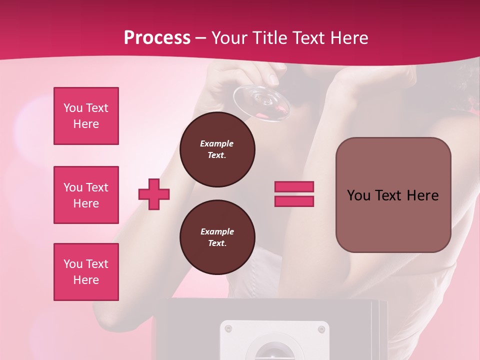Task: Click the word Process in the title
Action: click(157, 38)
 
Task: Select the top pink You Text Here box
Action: click(86, 116)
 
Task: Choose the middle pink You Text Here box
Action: click(86, 195)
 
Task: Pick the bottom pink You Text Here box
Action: click(86, 272)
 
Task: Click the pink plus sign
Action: click(154, 194)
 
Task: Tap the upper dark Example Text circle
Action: click(217, 149)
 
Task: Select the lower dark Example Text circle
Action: click(217, 237)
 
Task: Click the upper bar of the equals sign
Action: click(294, 187)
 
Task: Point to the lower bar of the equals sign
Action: click(294, 201)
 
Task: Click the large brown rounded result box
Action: click(393, 195)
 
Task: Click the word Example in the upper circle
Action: click(217, 143)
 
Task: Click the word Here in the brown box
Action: click(423, 195)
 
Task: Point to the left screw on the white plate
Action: click(228, 328)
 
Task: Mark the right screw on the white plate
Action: click(321, 329)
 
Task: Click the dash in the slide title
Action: click(200, 38)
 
